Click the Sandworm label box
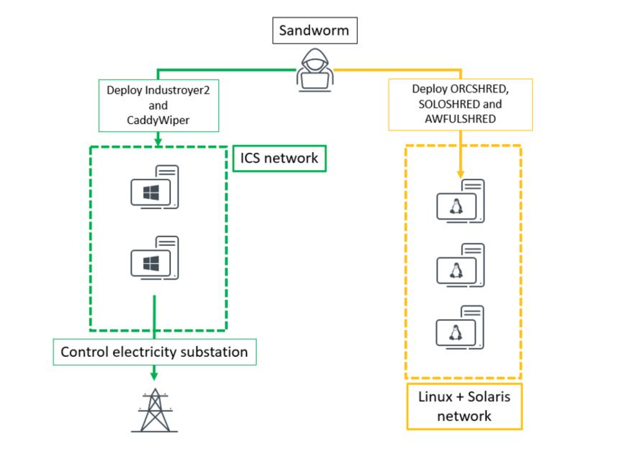tap(315, 31)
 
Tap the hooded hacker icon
tap(315, 70)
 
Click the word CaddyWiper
tap(158, 120)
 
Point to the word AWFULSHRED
tap(460, 119)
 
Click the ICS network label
tap(279, 158)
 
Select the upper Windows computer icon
tap(155, 187)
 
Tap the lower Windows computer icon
tap(155, 258)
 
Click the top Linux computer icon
tap(460, 201)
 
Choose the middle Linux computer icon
tap(460, 265)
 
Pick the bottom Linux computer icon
tap(460, 327)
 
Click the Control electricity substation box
tap(155, 352)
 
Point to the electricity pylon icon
tap(155, 411)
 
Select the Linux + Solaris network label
tap(464, 406)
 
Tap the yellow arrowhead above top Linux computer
tap(460, 174)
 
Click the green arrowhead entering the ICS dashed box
tap(158, 142)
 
